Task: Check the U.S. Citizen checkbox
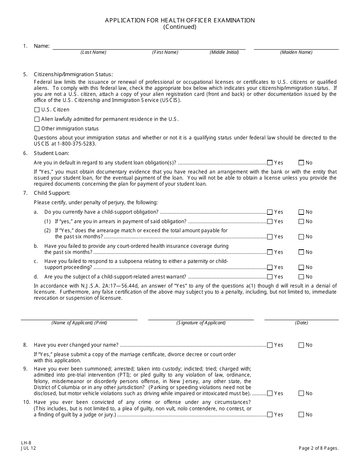coord(37,110)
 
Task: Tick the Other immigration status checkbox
coord(37,129)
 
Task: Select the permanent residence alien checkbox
coord(37,119)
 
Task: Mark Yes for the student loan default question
coord(270,163)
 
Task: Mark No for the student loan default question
coord(301,163)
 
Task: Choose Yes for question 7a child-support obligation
coord(270,212)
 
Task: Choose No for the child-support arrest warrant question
coord(301,277)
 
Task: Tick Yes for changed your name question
coord(270,345)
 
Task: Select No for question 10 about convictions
coord(301,415)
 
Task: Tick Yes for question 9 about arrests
coord(270,394)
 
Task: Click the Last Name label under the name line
coord(93,52)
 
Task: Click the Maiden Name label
coord(296,52)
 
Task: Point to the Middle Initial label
coord(224,52)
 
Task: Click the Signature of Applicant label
coord(201,323)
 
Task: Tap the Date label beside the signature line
coord(302,323)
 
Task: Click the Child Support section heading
coord(52,193)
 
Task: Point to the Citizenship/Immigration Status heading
coord(73,74)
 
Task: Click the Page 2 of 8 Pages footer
coord(318,448)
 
